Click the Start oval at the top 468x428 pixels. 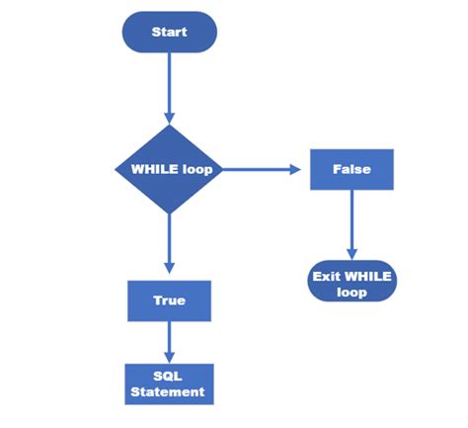(x=169, y=32)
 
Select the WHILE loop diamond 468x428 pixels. (x=169, y=169)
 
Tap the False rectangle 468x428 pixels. (x=351, y=169)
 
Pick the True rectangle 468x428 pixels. (x=169, y=300)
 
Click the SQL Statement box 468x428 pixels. (x=169, y=385)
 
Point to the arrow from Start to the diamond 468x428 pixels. (x=169, y=89)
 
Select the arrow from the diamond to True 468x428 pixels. (x=169, y=242)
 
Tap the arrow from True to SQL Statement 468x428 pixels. (x=169, y=341)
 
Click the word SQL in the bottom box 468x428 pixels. (x=169, y=377)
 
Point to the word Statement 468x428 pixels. (x=169, y=392)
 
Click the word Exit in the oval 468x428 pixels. (x=327, y=276)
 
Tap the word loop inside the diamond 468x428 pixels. (x=197, y=169)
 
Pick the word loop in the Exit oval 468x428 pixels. (x=351, y=293)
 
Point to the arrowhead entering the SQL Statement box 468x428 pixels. (x=169, y=357)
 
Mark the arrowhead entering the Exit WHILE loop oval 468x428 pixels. (x=351, y=254)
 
